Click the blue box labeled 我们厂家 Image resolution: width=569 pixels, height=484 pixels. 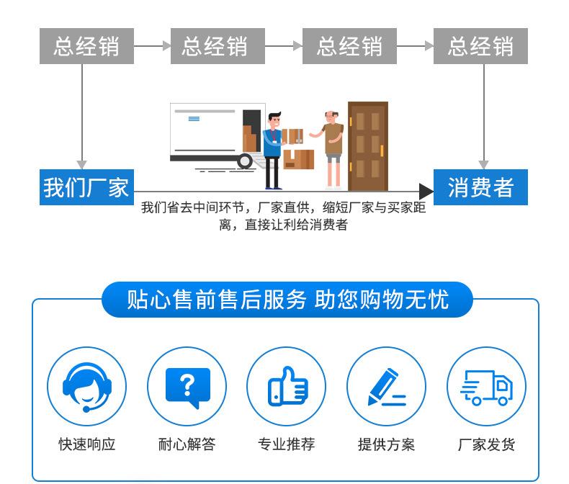(x=86, y=187)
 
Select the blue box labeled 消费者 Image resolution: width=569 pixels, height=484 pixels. (x=480, y=187)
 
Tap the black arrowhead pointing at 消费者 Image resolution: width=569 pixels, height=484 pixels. (x=426, y=191)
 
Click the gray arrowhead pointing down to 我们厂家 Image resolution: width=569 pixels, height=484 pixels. (x=81, y=164)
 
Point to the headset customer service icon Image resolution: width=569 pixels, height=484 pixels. (x=86, y=387)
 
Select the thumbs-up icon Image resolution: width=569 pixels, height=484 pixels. (x=287, y=386)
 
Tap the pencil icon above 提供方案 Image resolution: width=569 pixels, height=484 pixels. (x=387, y=387)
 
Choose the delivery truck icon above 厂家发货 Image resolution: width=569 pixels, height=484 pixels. (x=486, y=387)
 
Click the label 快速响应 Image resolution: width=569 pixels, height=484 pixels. (x=87, y=444)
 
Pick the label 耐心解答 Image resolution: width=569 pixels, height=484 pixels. (x=187, y=444)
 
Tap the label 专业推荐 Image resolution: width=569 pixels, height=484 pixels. (x=287, y=444)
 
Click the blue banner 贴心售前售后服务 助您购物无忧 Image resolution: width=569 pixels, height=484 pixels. (x=287, y=300)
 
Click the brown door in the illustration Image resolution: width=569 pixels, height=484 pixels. (x=368, y=146)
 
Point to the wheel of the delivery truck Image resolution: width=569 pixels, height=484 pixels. (x=245, y=161)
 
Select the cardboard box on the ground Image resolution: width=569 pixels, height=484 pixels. (x=299, y=160)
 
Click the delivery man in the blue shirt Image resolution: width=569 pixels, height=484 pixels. (x=274, y=151)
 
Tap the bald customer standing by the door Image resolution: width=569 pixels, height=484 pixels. (x=331, y=150)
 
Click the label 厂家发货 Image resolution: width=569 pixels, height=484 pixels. (x=486, y=444)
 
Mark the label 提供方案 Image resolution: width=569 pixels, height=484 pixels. (x=387, y=444)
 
